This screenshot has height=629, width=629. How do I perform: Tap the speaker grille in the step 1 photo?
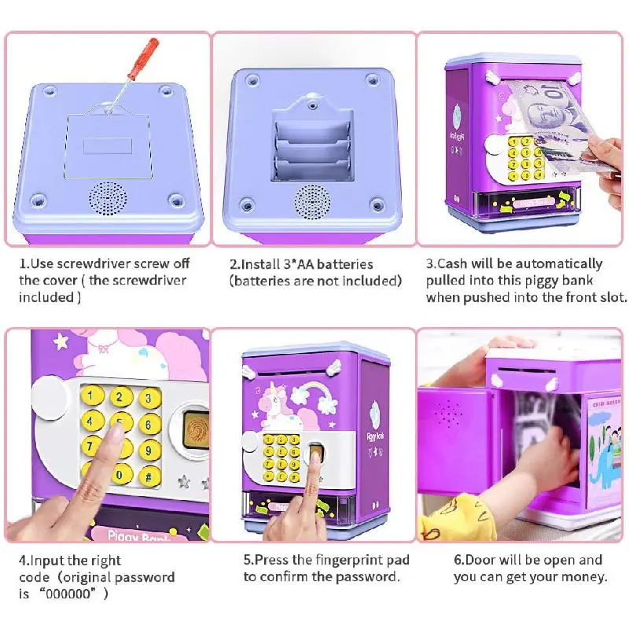click(x=108, y=198)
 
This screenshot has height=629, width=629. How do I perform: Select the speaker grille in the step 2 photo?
click(x=312, y=202)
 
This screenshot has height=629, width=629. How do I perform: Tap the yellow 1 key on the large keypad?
click(x=92, y=396)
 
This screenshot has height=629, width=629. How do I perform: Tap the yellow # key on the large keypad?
click(x=149, y=476)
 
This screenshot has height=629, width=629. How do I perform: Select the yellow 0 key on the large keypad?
click(x=120, y=475)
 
